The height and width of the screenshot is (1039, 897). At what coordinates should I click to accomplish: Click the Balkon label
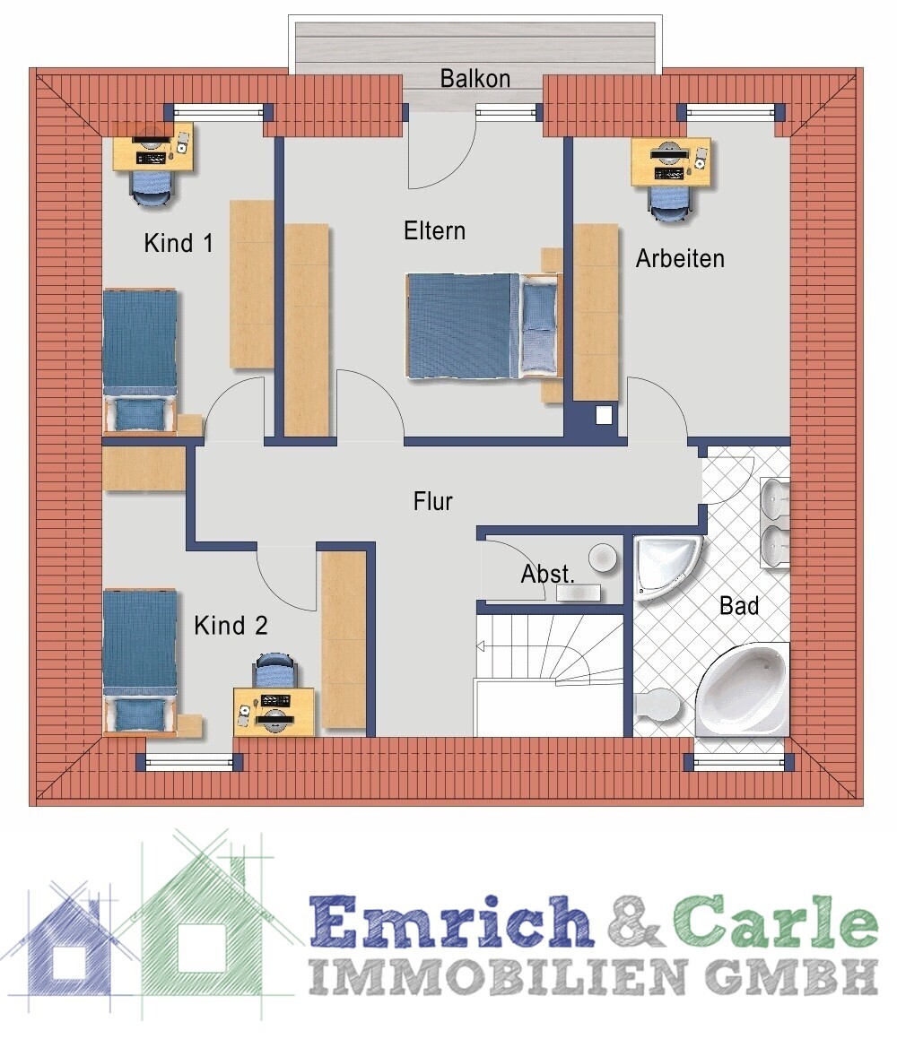click(x=475, y=78)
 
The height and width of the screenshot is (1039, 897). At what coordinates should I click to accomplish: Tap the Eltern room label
click(x=434, y=230)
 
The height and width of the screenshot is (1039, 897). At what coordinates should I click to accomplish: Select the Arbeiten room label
click(x=680, y=258)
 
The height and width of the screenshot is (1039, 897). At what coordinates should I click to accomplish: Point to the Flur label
click(x=432, y=501)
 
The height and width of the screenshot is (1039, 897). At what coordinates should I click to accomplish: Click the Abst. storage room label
click(x=547, y=574)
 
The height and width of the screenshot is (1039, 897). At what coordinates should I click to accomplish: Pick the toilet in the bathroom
click(x=656, y=705)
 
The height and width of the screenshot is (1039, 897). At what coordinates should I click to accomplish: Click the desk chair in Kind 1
click(x=152, y=189)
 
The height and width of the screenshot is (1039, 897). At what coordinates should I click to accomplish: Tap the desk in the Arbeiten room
click(x=670, y=162)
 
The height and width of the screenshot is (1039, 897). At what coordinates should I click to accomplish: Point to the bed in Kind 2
click(x=140, y=662)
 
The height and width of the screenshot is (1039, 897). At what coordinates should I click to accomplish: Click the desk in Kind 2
click(x=274, y=712)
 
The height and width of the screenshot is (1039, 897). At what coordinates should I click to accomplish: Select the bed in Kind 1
click(x=140, y=361)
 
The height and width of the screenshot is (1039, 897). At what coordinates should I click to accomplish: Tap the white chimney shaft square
click(x=604, y=415)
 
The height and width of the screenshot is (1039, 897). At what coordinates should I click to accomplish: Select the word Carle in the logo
click(x=776, y=921)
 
